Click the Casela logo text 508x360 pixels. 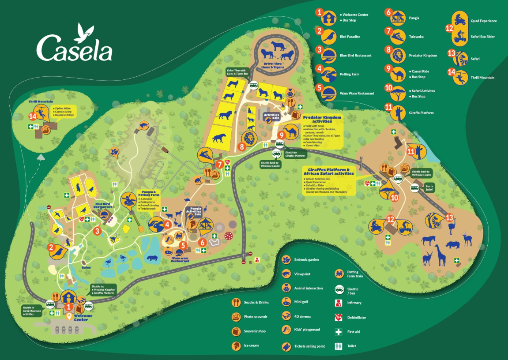tap(74, 48)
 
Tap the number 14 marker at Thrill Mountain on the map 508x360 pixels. tap(32, 116)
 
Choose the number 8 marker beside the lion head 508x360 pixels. tap(242, 146)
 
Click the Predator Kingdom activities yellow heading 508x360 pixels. tap(322, 120)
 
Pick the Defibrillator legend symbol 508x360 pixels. tap(339, 317)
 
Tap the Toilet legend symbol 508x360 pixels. tap(339, 346)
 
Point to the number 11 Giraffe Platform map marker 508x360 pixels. tap(411, 151)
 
